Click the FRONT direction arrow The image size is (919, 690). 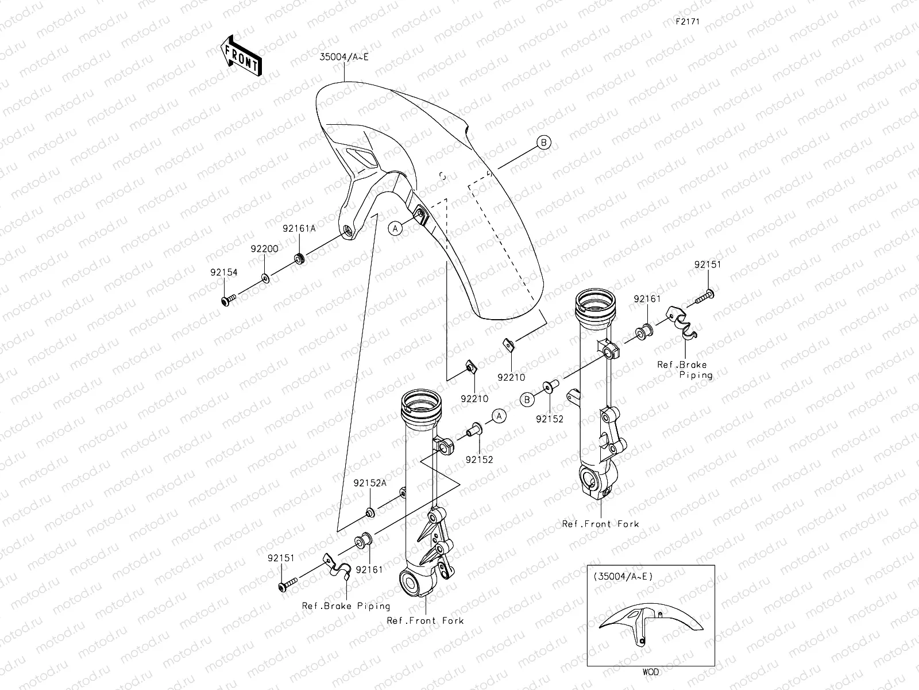click(241, 56)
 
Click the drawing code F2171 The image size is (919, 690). click(688, 21)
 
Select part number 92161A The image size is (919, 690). click(299, 228)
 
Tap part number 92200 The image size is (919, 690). click(264, 249)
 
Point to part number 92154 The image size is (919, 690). click(223, 273)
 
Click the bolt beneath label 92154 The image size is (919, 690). click(228, 300)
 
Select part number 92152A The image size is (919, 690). click(370, 483)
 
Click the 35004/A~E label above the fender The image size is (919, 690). click(344, 57)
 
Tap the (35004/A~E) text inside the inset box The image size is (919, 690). click(623, 577)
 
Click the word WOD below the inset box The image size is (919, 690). click(651, 672)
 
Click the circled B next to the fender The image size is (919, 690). click(543, 143)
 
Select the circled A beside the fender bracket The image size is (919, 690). click(395, 229)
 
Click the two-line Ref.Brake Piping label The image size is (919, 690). click(685, 370)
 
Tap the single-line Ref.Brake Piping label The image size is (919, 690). click(346, 606)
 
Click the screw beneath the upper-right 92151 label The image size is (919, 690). click(705, 297)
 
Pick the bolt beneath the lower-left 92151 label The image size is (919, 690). click(288, 584)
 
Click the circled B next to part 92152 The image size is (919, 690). click(527, 400)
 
